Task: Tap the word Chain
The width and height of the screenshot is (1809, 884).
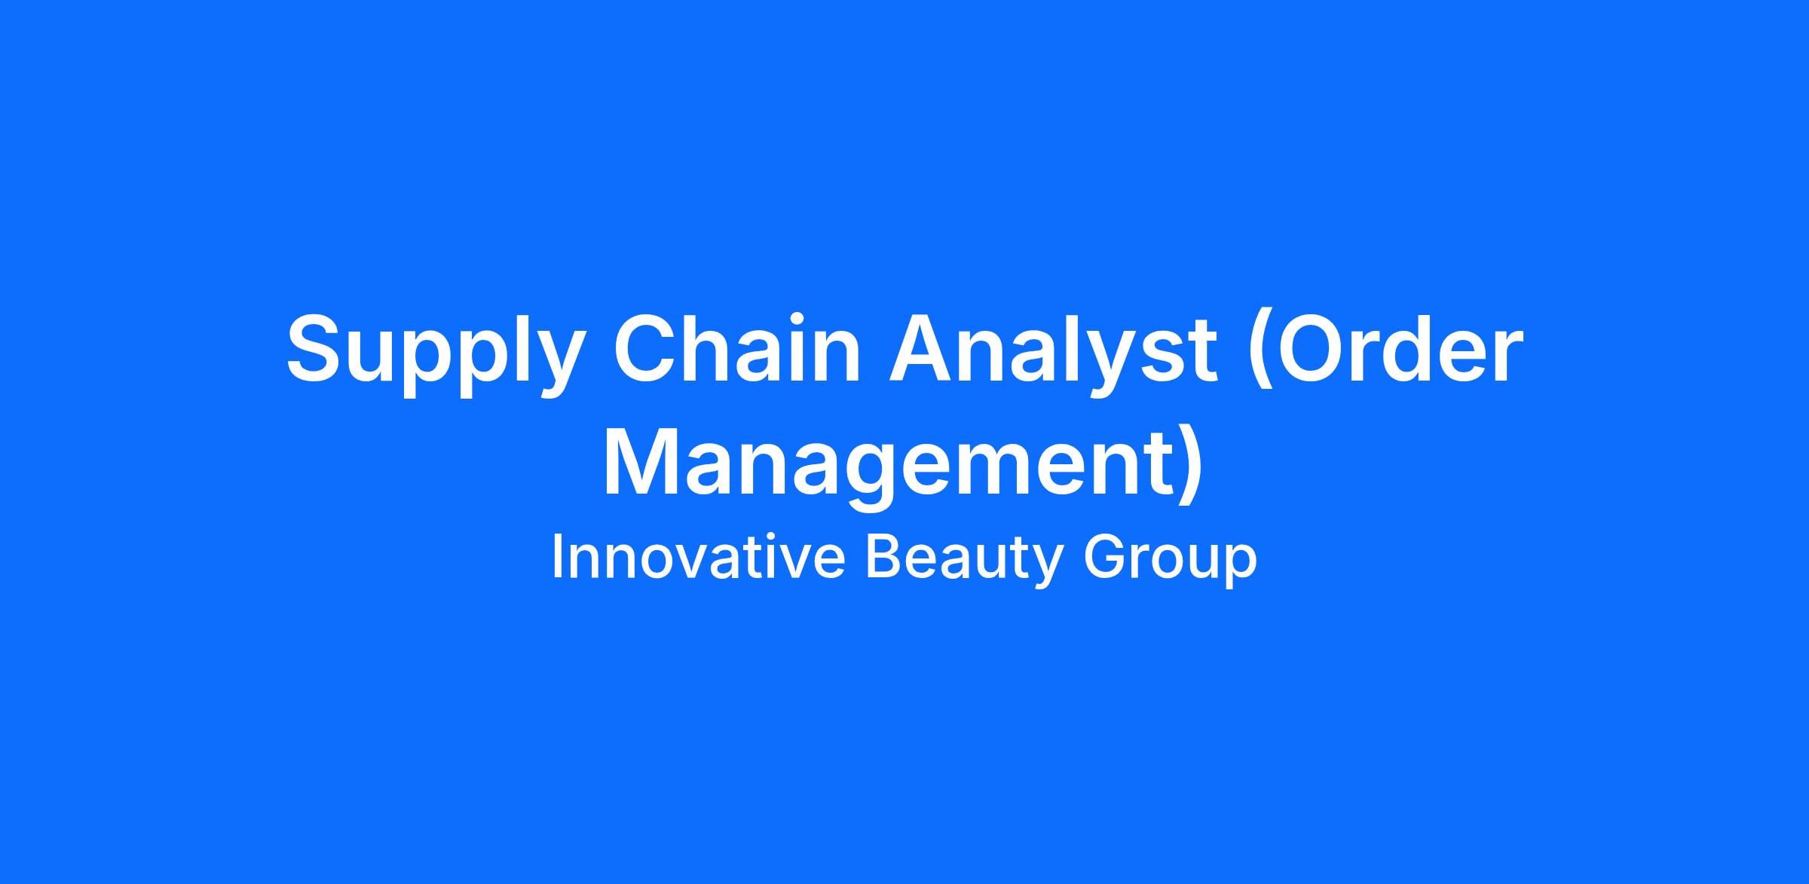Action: [x=738, y=346]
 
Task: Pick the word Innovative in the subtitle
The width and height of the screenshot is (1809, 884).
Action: [x=698, y=557]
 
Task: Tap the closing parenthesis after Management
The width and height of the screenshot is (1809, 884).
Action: [x=1189, y=467]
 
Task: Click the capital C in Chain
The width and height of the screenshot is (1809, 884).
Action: [x=649, y=346]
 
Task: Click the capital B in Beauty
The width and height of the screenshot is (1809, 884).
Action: [x=884, y=557]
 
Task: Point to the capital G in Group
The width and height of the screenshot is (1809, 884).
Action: [x=1105, y=557]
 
